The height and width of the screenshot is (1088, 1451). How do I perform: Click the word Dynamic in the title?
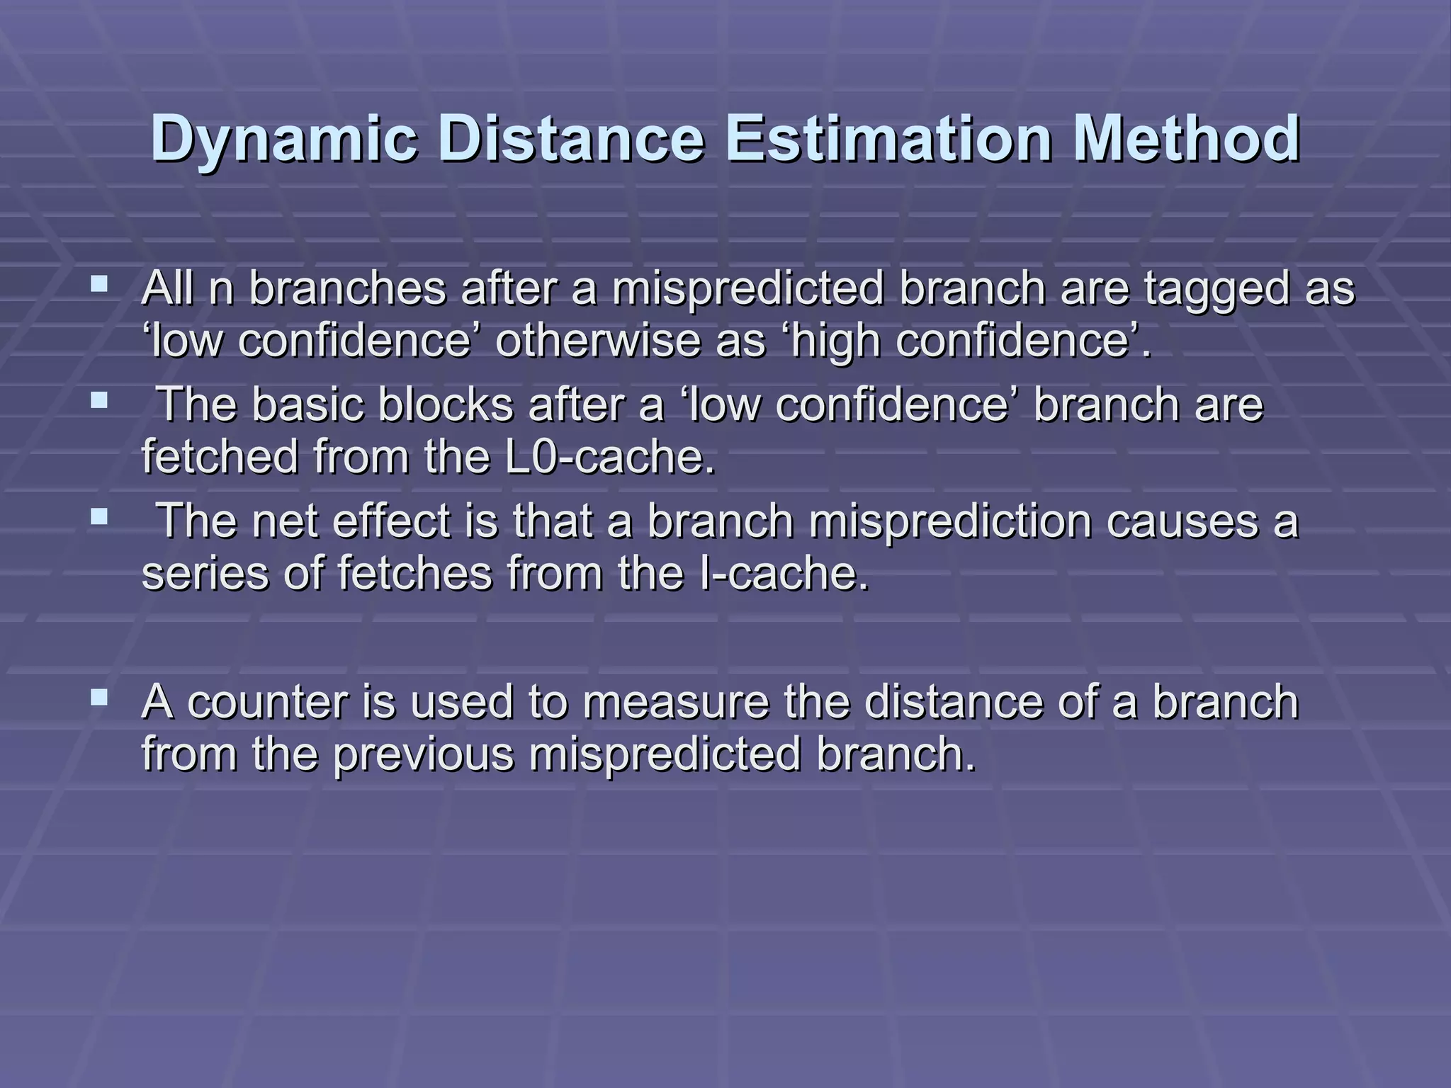click(283, 140)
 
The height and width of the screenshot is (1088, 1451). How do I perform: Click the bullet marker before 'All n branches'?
click(100, 285)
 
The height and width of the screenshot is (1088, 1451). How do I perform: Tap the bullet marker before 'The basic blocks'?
click(100, 402)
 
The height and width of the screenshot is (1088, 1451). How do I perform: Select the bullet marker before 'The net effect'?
click(100, 518)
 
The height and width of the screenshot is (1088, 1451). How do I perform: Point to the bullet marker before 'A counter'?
click(100, 699)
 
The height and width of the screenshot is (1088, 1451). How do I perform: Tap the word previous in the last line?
click(423, 754)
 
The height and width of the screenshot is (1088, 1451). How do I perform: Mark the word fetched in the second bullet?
click(220, 457)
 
